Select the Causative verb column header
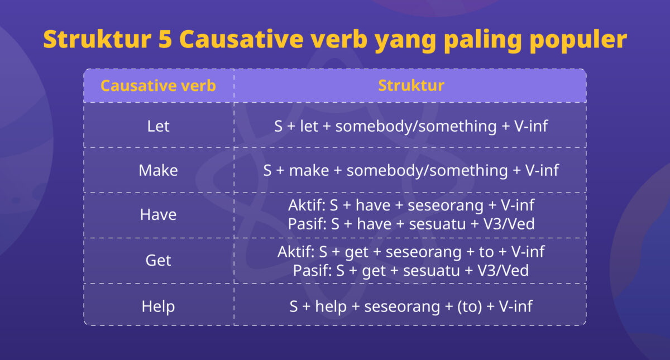(158, 86)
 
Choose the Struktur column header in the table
(411, 85)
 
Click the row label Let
(158, 126)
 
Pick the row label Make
(158, 170)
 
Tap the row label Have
(158, 215)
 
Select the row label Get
(158, 261)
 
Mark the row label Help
(158, 306)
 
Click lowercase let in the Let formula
(309, 126)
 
